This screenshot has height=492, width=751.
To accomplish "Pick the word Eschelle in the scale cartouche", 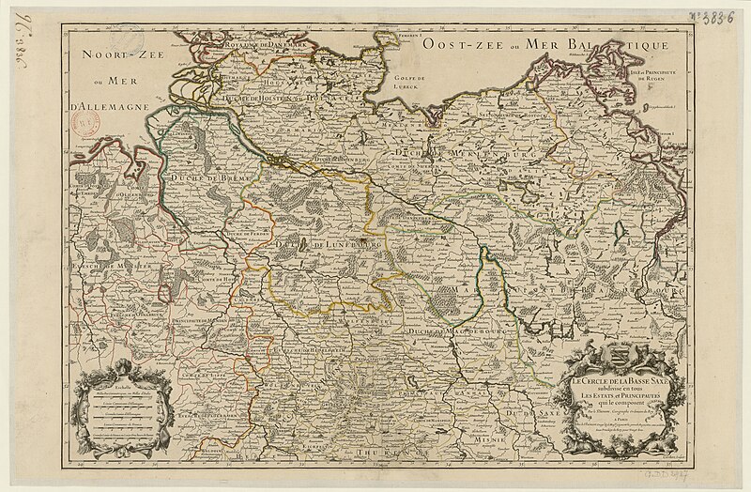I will (x=125, y=386).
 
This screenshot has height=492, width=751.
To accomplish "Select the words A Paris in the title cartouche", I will (x=620, y=422).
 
